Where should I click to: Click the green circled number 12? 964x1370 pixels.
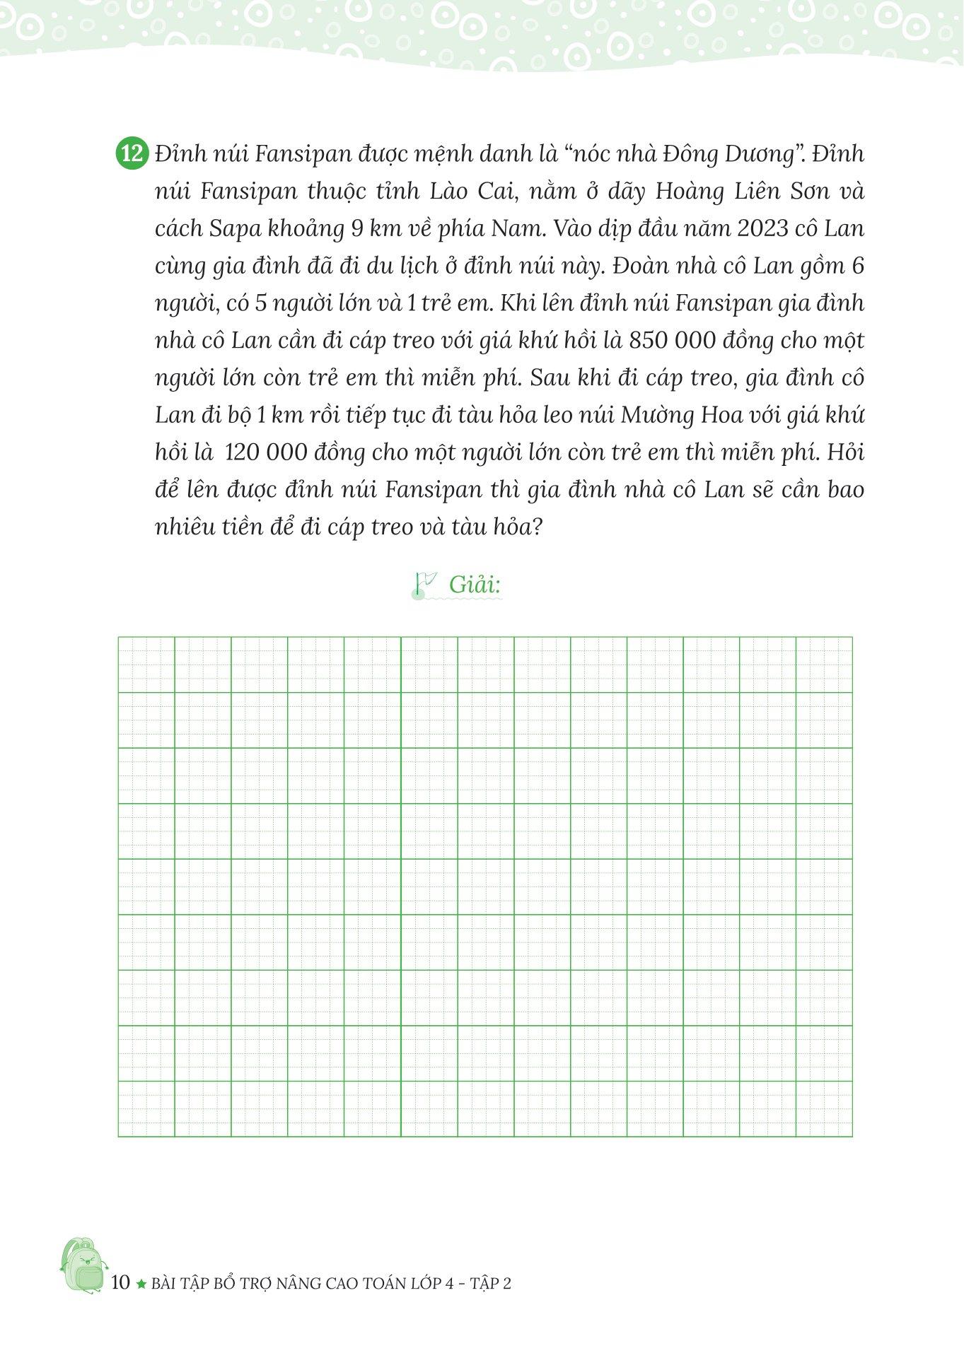[132, 154]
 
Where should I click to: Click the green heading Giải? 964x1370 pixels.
[475, 585]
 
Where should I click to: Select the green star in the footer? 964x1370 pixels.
[141, 1283]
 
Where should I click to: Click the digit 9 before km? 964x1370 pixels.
[358, 229]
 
